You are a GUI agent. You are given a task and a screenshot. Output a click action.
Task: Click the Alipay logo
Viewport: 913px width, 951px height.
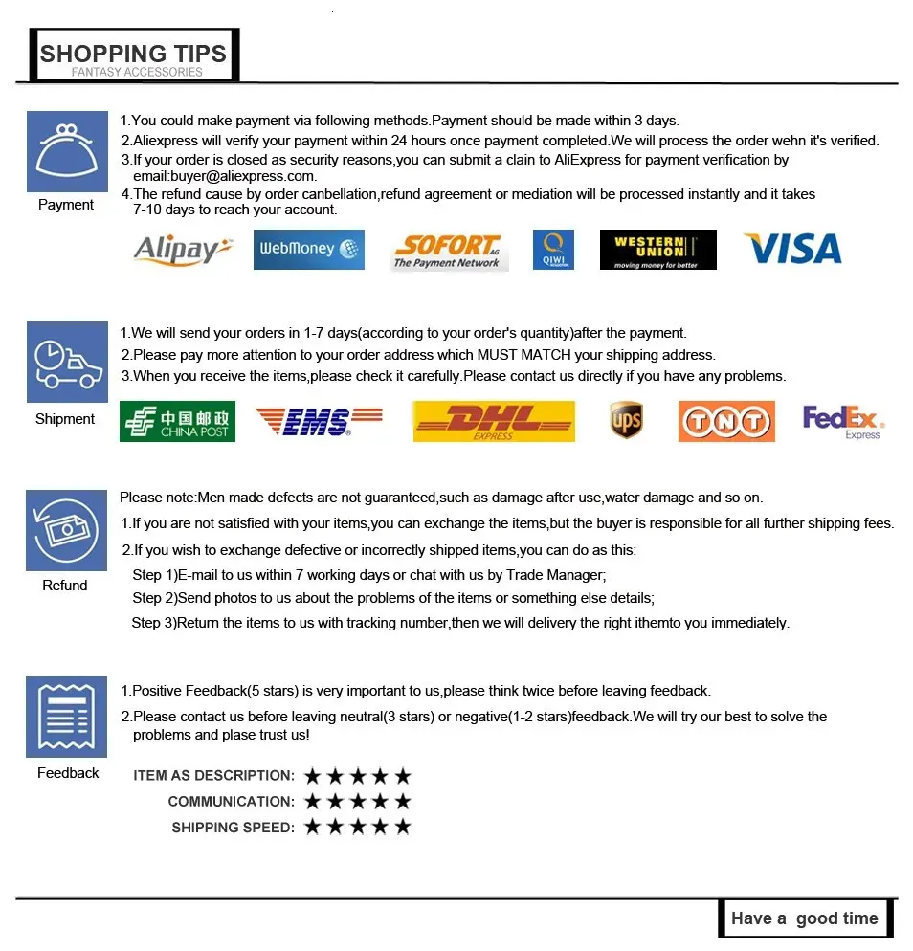(183, 250)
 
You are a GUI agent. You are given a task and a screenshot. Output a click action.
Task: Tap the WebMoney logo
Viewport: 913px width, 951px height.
(308, 250)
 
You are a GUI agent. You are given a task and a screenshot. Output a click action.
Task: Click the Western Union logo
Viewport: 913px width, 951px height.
(657, 250)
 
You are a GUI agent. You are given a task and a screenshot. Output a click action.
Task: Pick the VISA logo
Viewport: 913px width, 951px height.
(792, 250)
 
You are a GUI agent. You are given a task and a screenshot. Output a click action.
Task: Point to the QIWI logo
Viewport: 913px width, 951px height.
(553, 250)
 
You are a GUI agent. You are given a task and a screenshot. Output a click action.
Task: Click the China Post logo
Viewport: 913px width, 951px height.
(177, 422)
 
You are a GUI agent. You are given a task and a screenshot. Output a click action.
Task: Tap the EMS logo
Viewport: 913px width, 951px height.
(318, 421)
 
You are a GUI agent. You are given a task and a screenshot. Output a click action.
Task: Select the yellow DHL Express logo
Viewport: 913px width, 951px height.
(493, 421)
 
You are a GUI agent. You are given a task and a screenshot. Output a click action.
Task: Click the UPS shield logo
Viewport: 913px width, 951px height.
(626, 421)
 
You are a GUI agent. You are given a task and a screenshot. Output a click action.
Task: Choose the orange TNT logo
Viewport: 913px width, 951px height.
(725, 422)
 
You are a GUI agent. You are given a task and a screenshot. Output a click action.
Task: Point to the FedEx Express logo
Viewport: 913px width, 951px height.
(842, 421)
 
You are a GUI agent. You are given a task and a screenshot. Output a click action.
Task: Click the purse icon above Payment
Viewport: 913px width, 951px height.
(66, 151)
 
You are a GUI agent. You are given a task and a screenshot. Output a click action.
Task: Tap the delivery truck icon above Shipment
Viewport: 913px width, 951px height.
(66, 363)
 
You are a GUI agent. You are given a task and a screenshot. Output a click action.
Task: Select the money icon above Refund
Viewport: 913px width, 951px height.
(66, 530)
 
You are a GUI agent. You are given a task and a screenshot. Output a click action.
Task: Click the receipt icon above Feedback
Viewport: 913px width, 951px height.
(66, 717)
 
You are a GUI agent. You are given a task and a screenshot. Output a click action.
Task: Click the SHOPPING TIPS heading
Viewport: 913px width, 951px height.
(134, 55)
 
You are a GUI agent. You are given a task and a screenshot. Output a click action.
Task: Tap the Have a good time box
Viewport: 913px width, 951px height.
(804, 918)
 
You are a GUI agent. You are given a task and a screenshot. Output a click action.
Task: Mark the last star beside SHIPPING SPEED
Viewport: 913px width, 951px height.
(403, 827)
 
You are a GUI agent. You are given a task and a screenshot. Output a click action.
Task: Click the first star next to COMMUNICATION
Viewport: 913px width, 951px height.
(313, 801)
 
